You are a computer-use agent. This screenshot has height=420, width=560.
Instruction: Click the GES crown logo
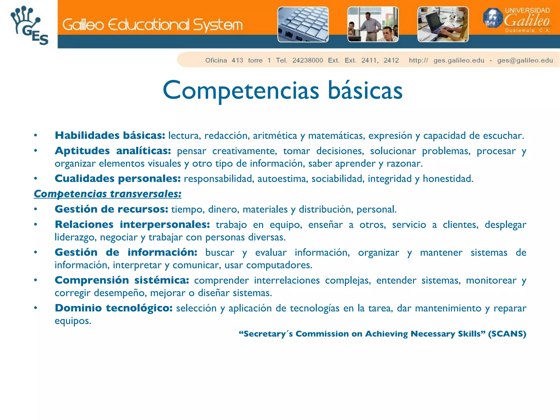(29, 25)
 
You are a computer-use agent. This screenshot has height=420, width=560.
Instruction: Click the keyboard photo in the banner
(303, 24)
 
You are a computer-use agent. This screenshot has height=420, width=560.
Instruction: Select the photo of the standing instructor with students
(373, 24)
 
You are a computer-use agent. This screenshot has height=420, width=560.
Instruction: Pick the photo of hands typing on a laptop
(443, 24)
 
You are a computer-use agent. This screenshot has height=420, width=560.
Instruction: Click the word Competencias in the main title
(241, 91)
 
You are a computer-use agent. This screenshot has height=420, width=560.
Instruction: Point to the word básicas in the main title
(365, 91)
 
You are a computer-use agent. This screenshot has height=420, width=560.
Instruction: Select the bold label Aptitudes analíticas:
(113, 151)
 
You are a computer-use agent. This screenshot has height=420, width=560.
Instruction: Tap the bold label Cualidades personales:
(118, 179)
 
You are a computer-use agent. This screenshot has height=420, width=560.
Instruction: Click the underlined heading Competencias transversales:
(107, 194)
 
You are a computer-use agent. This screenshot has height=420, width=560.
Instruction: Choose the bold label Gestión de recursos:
(111, 209)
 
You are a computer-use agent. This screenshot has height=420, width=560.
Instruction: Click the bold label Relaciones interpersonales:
(132, 225)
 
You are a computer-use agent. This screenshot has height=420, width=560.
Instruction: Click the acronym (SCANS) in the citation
(507, 334)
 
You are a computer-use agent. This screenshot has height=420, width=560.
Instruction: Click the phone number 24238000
(308, 60)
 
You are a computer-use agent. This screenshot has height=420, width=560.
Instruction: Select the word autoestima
(283, 179)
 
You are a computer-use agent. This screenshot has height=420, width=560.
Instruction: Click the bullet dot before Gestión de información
(36, 253)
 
